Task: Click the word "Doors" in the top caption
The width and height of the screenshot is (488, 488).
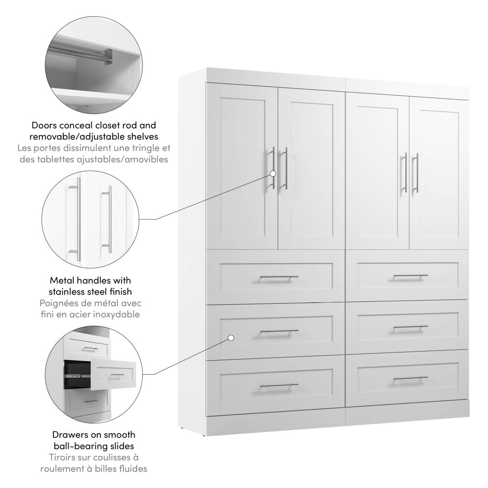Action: point(44,126)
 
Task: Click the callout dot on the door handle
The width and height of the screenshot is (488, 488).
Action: point(273,174)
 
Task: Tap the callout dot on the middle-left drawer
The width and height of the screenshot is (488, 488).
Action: point(231,338)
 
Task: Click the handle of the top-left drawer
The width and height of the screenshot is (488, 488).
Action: point(279,277)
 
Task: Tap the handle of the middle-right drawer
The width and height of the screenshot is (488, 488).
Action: point(410,327)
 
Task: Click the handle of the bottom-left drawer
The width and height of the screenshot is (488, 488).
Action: point(279,385)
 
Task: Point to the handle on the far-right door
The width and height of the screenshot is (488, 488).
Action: point(416,173)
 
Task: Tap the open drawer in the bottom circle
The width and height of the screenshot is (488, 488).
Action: point(113,375)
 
